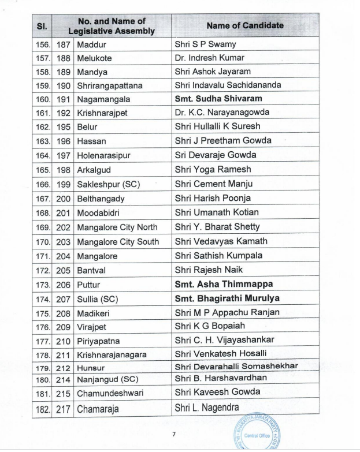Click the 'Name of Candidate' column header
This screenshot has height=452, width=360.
pos(245,25)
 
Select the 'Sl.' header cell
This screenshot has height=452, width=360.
pos(42,26)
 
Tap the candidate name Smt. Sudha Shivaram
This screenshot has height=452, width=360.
pos(218,99)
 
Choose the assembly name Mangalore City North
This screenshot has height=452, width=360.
pos(117,227)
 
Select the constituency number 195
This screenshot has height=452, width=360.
pos(64,127)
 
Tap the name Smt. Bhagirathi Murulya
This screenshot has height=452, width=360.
pos(227,298)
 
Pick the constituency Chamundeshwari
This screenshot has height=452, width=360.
pos(110,393)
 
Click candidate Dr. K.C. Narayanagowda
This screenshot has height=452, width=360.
pos(222,113)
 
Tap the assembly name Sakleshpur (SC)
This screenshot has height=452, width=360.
pos(109,184)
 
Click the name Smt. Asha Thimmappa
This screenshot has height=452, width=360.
pos(224,284)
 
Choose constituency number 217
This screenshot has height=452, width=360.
pos(64,409)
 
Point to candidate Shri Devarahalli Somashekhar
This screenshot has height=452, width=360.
pos(236,366)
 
